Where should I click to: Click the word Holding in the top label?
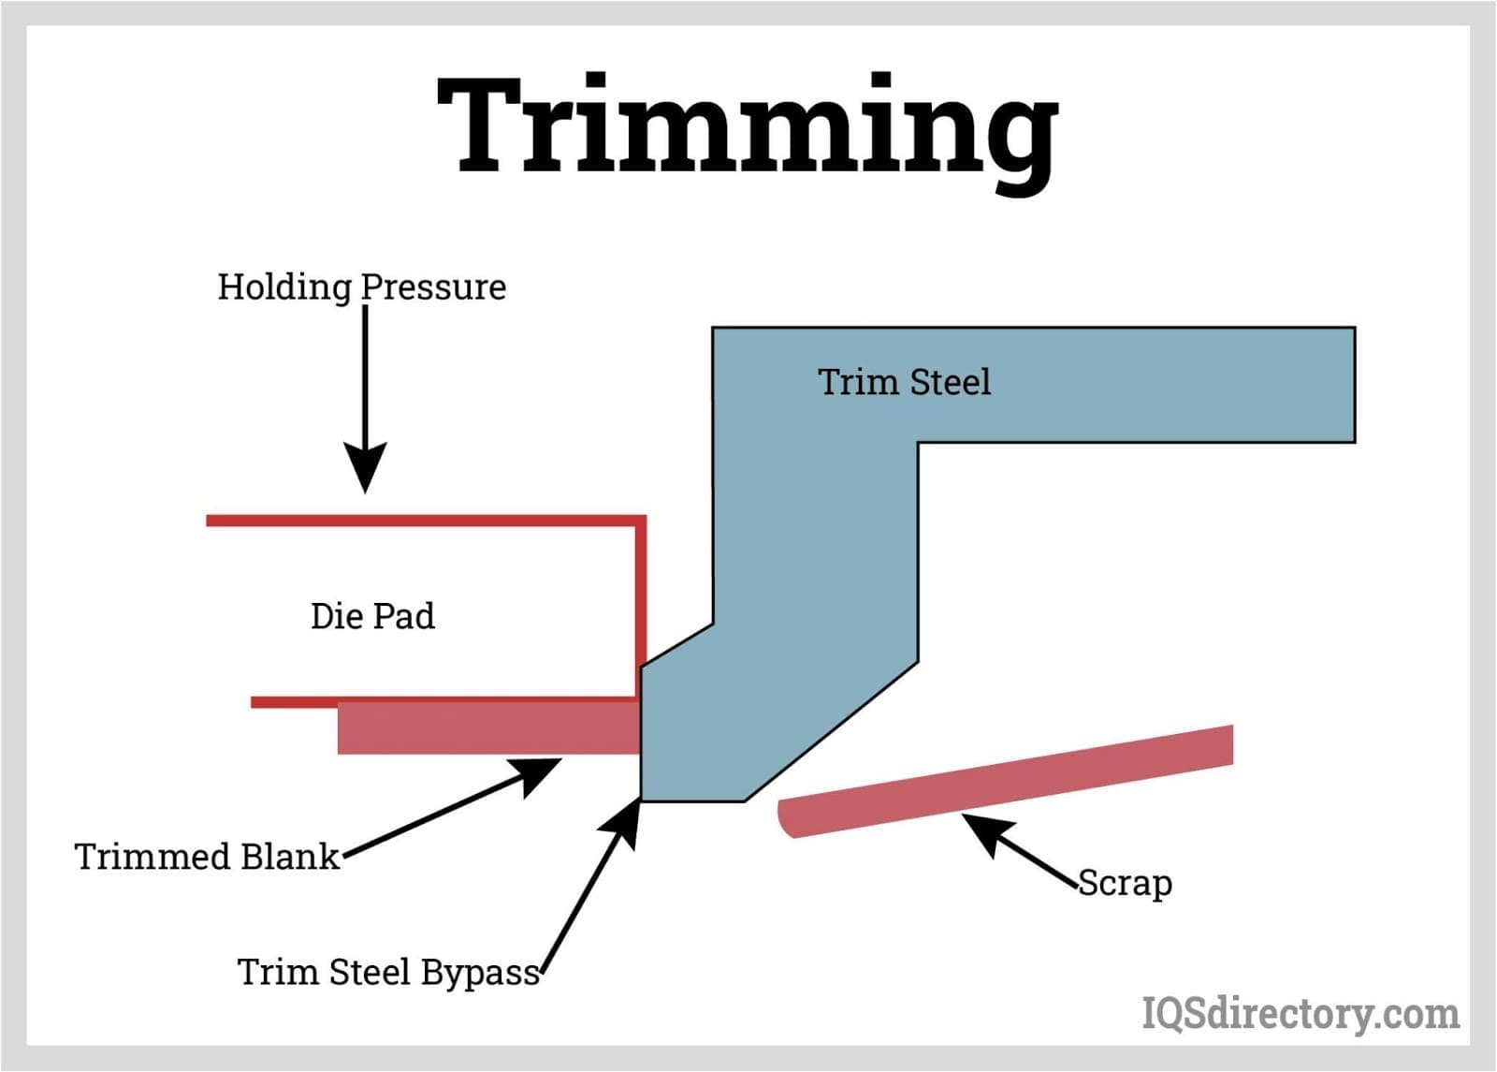tap(284, 286)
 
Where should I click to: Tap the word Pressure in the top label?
tap(433, 286)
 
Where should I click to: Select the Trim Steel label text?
tap(904, 382)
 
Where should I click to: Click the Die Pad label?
tap(372, 616)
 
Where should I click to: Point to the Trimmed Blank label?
tap(207, 857)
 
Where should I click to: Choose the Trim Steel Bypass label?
tap(388, 972)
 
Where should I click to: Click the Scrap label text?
tap(1125, 883)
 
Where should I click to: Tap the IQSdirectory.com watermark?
tap(1301, 1013)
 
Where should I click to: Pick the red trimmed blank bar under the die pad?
tap(487, 728)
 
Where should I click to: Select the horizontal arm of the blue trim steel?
tap(1123, 384)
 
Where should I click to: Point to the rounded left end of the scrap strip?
tap(786, 817)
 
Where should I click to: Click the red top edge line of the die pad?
tap(421, 520)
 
